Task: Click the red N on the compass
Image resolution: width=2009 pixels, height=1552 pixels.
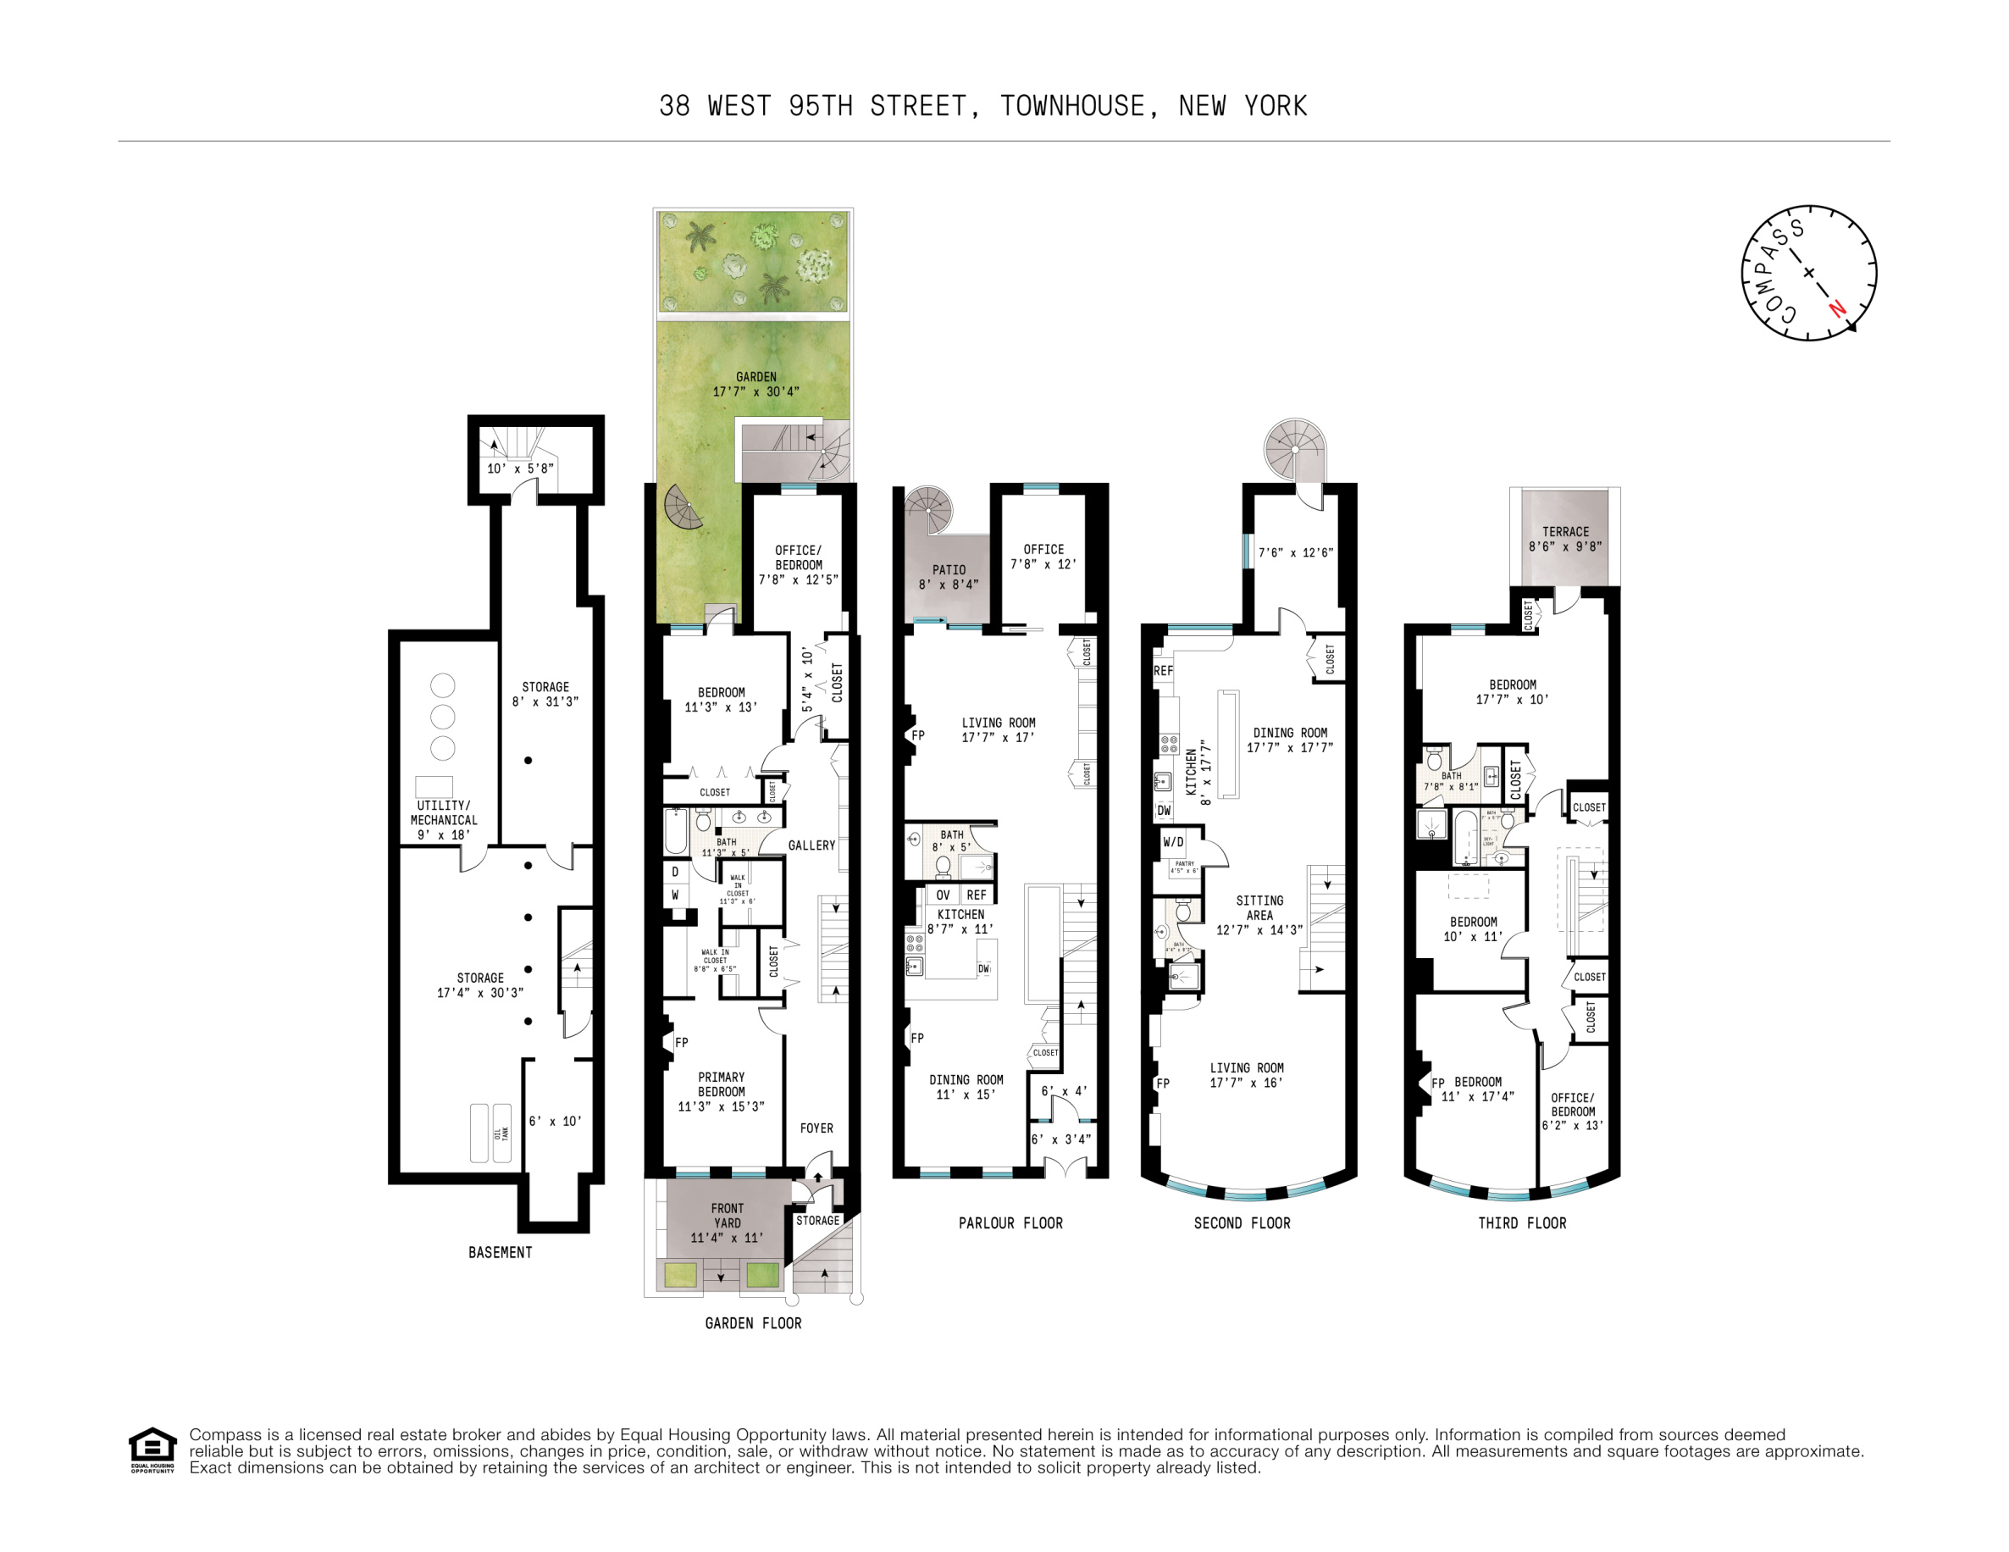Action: point(1837,308)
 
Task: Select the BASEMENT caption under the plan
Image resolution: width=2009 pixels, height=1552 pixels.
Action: point(500,1252)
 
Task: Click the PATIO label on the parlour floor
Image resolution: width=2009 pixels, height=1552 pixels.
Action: point(949,570)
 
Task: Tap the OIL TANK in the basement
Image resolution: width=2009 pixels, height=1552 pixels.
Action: point(501,1134)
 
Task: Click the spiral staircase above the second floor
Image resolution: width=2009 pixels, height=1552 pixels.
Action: point(1294,449)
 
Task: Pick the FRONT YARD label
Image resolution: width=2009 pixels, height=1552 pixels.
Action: point(727,1216)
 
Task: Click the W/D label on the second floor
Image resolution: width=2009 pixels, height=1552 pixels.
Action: point(1173,842)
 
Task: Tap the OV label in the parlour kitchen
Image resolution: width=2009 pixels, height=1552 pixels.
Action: point(943,895)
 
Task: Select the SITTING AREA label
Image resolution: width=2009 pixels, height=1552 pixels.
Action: point(1259,908)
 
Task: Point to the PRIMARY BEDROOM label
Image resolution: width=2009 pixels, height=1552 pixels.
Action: point(721,1084)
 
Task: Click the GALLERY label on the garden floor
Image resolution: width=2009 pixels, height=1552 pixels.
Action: point(811,845)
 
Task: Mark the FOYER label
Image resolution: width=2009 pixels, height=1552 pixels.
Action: point(816,1128)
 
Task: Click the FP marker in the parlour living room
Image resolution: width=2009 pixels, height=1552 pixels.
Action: point(918,735)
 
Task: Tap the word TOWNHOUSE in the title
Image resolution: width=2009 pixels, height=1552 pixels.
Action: point(1072,107)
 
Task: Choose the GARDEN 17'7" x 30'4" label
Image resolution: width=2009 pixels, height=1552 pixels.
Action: point(756,384)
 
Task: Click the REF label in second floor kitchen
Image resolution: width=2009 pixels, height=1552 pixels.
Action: point(1163,671)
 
